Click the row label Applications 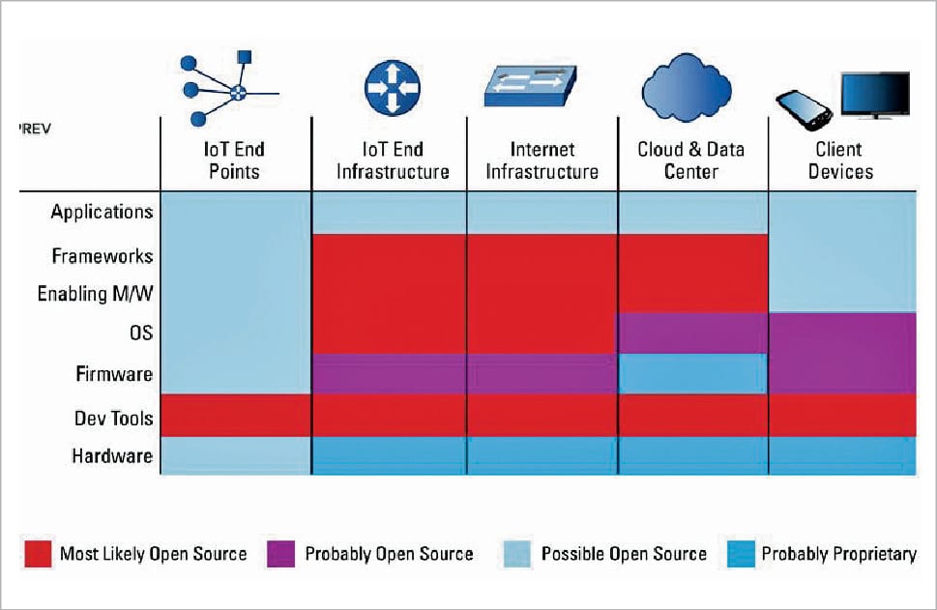(102, 212)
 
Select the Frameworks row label (102, 256)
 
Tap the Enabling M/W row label (95, 293)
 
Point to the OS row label (139, 333)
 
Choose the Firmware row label (114, 373)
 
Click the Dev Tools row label (113, 418)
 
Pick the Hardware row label (112, 455)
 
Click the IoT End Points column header (235, 160)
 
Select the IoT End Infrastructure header (389, 160)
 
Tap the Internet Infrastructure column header (542, 160)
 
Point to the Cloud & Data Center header (691, 160)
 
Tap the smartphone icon (805, 109)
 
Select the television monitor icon (874, 95)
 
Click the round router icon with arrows (393, 88)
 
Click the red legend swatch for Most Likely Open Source (38, 554)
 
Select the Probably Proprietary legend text (838, 554)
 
